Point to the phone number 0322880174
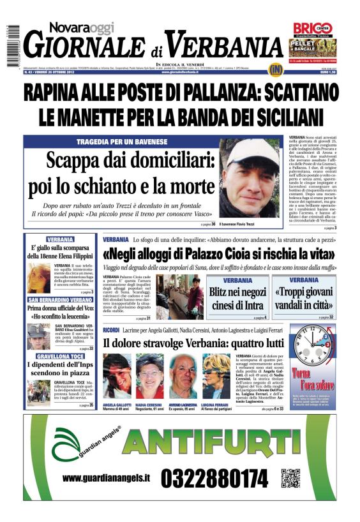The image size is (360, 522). click(214, 479)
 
